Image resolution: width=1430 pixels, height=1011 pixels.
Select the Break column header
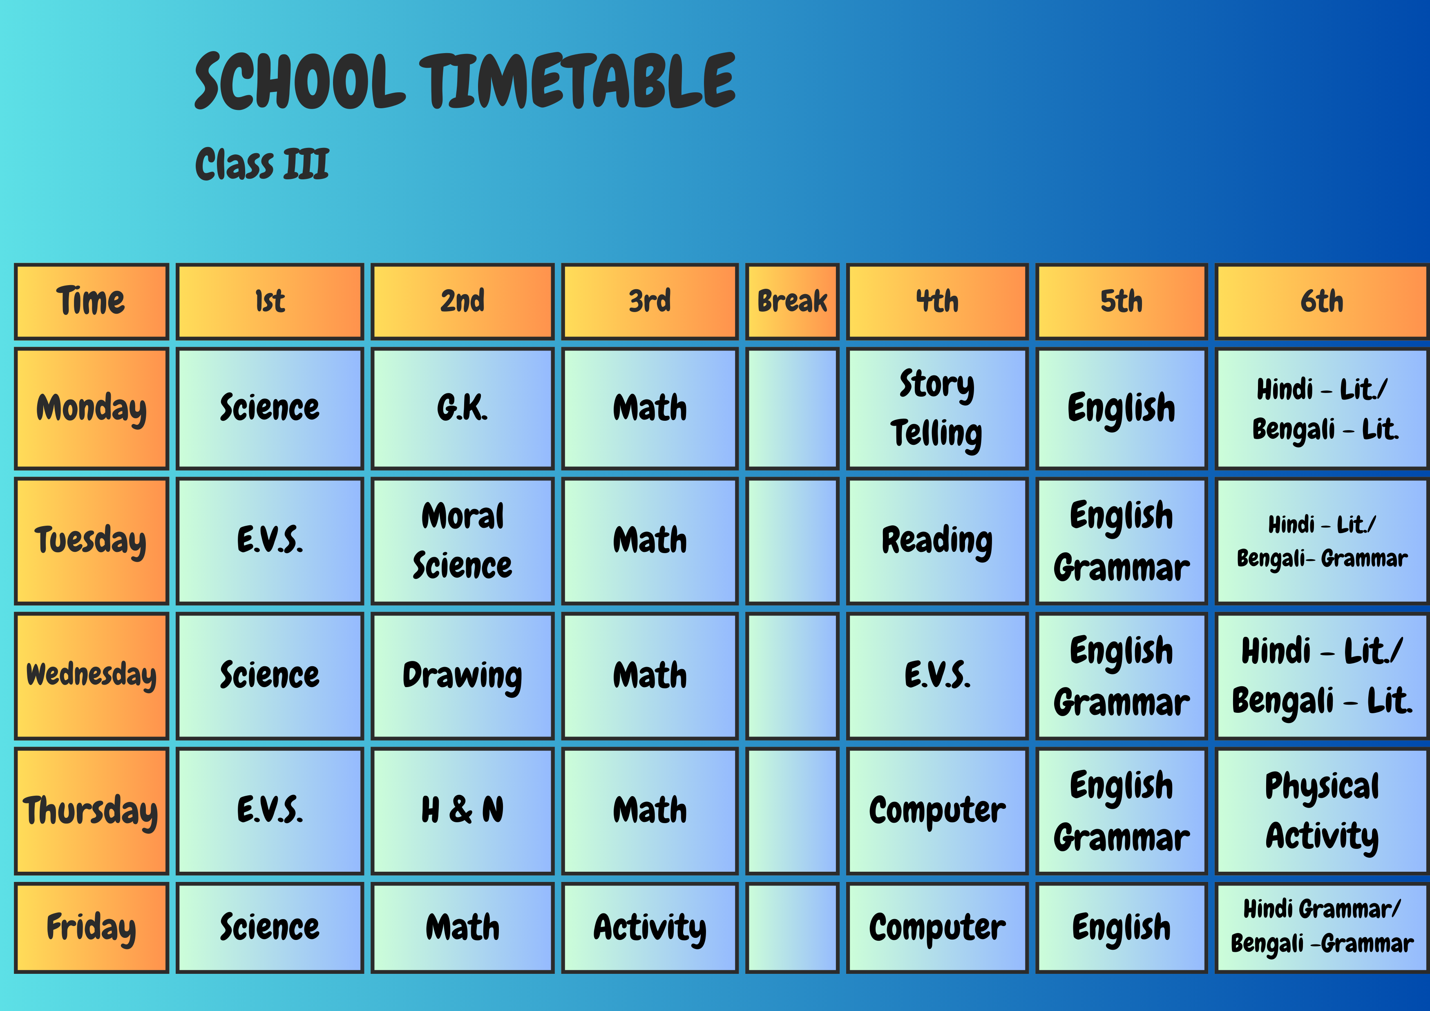click(x=792, y=302)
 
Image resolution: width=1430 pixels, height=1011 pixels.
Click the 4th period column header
click(x=937, y=302)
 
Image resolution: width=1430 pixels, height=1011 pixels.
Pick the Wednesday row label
click(x=92, y=676)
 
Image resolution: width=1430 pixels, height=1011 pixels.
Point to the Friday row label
click(x=92, y=927)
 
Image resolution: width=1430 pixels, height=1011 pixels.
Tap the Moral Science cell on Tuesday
click(x=462, y=541)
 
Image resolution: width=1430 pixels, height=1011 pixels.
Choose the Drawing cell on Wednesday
click(x=462, y=676)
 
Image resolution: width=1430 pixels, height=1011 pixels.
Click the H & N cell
click(x=462, y=810)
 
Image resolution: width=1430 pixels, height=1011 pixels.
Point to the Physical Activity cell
click(x=1322, y=810)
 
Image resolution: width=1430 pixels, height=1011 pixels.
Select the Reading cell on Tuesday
click(x=937, y=541)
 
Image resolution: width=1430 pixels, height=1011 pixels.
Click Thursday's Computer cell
click(x=937, y=810)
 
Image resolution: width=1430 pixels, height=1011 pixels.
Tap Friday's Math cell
click(x=462, y=927)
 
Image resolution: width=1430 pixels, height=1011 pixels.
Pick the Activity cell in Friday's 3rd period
click(x=650, y=927)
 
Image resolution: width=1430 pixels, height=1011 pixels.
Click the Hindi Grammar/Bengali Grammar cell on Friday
click(x=1322, y=927)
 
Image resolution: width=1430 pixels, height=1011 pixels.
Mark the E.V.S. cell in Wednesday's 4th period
click(x=937, y=676)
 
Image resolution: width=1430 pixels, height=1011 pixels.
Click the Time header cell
click(x=92, y=302)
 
